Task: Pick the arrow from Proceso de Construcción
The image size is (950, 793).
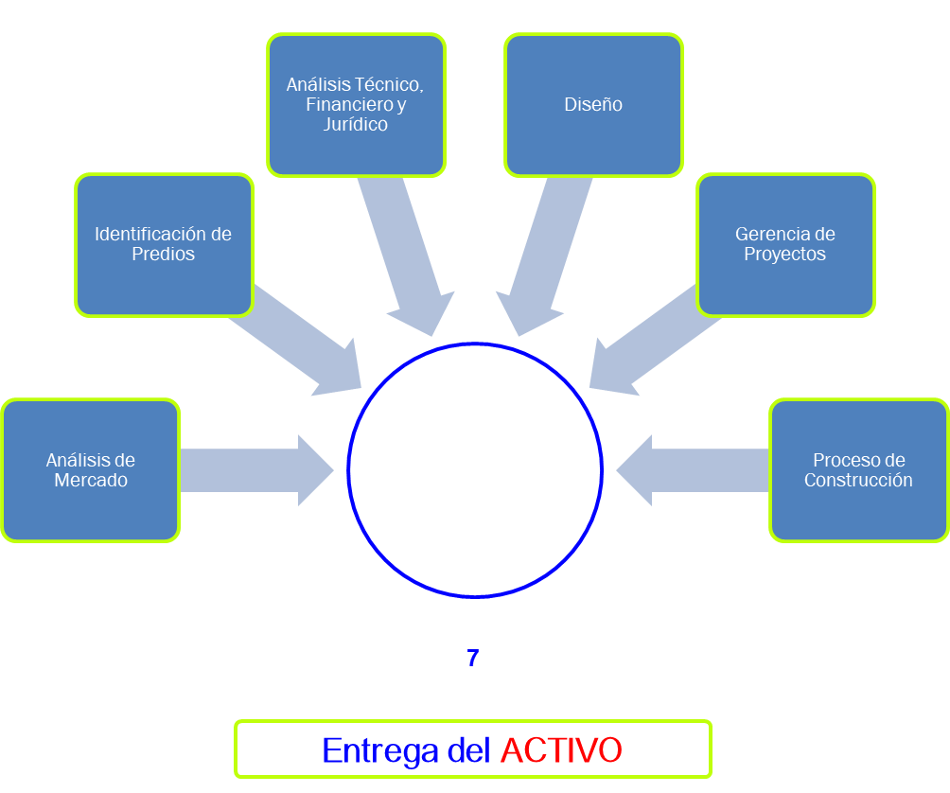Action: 695,470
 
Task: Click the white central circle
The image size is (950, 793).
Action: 475,469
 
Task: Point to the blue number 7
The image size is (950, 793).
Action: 473,659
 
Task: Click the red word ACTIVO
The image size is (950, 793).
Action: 561,750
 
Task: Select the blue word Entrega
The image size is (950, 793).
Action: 380,750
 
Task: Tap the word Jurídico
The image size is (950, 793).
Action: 356,125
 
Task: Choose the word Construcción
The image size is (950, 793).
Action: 858,481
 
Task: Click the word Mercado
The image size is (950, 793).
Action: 91,481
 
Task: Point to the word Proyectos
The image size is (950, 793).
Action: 784,255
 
